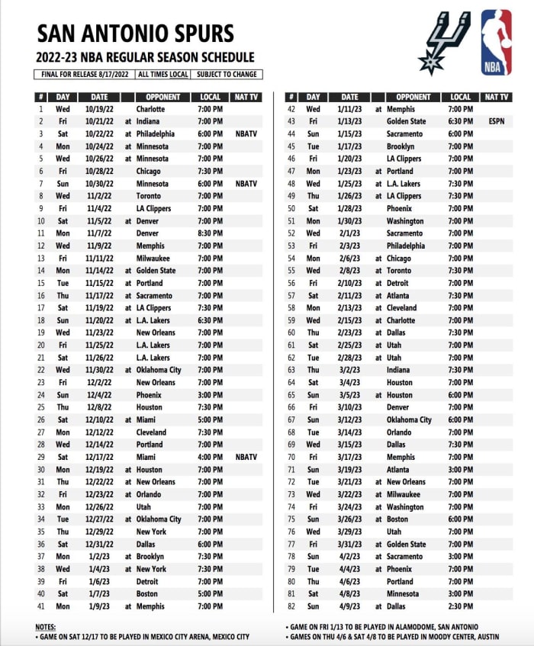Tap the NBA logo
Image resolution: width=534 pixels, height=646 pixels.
(x=497, y=42)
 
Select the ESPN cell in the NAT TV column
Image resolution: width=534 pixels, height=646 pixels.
(x=497, y=121)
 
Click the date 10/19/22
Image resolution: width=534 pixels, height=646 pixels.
(x=99, y=109)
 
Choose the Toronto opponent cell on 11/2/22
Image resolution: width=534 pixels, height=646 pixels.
(x=150, y=196)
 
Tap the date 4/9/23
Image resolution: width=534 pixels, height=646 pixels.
(x=349, y=606)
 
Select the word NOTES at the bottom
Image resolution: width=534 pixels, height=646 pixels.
(x=47, y=626)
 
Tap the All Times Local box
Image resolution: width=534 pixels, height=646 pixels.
(x=163, y=75)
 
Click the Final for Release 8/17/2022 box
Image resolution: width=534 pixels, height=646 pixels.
(x=84, y=75)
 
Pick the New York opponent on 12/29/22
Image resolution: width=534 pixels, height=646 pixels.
(x=151, y=532)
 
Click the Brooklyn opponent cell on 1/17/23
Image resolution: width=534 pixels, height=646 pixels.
(x=400, y=146)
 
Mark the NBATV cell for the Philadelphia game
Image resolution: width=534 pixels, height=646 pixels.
(x=246, y=133)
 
